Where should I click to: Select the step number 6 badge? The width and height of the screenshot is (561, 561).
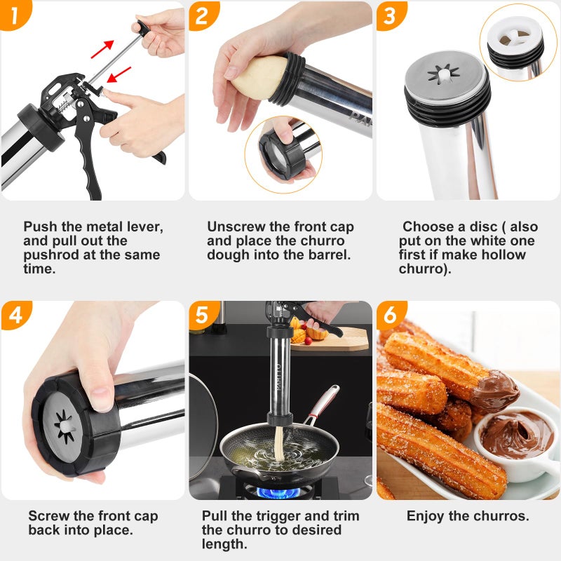[x=390, y=315]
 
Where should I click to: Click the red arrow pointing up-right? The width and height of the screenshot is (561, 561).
[x=102, y=49]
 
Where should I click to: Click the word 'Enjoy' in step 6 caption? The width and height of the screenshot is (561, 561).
[x=425, y=516]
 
